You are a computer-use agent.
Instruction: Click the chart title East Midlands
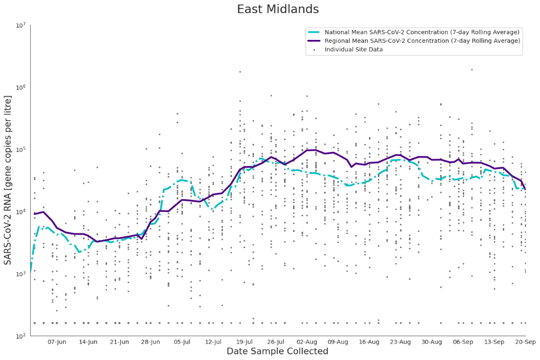pyautogui.click(x=278, y=10)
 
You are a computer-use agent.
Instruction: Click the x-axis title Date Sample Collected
pyautogui.click(x=277, y=352)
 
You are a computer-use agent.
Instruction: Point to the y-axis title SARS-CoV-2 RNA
pyautogui.click(x=8, y=180)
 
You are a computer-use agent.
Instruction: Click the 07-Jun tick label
pyautogui.click(x=57, y=341)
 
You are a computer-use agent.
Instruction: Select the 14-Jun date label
pyautogui.click(x=88, y=341)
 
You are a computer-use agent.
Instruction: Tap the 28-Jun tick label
pyautogui.click(x=151, y=341)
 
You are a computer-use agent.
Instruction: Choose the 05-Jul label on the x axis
pyautogui.click(x=182, y=341)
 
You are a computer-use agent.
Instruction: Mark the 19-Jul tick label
pyautogui.click(x=245, y=341)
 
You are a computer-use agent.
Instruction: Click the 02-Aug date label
pyautogui.click(x=307, y=341)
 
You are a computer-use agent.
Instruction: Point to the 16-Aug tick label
pyautogui.click(x=369, y=341)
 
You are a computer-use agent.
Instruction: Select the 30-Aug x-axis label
pyautogui.click(x=431, y=341)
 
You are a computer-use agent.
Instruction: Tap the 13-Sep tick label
pyautogui.click(x=494, y=341)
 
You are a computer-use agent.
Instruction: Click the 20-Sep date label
pyautogui.click(x=524, y=341)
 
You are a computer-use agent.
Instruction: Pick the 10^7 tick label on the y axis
pyautogui.click(x=20, y=26)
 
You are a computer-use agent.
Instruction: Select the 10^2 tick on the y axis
pyautogui.click(x=20, y=336)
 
